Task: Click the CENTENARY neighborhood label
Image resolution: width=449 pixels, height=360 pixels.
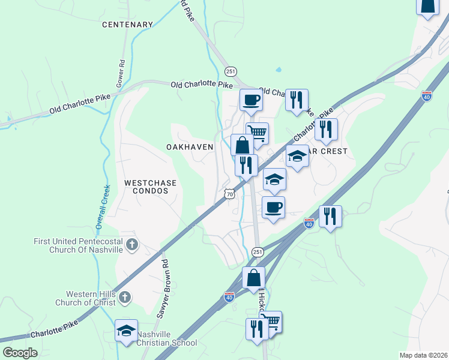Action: [x=128, y=25]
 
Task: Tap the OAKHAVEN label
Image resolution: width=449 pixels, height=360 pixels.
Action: [x=190, y=147]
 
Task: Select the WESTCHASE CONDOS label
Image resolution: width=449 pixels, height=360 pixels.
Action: [x=146, y=186]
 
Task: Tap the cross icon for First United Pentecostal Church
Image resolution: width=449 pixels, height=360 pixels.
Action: [x=132, y=244]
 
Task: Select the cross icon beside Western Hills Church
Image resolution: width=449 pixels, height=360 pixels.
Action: [x=124, y=296]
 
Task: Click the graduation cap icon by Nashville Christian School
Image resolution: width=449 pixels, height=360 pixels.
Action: [x=127, y=331]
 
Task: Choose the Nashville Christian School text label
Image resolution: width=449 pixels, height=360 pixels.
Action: [x=166, y=338]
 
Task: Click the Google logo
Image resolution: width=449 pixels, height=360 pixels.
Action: [x=20, y=353]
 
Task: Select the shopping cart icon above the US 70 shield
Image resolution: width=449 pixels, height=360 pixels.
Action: [x=257, y=133]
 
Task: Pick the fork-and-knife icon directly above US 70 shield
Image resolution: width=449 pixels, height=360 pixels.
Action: [x=246, y=165]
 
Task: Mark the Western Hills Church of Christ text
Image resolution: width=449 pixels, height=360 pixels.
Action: [x=89, y=298]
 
